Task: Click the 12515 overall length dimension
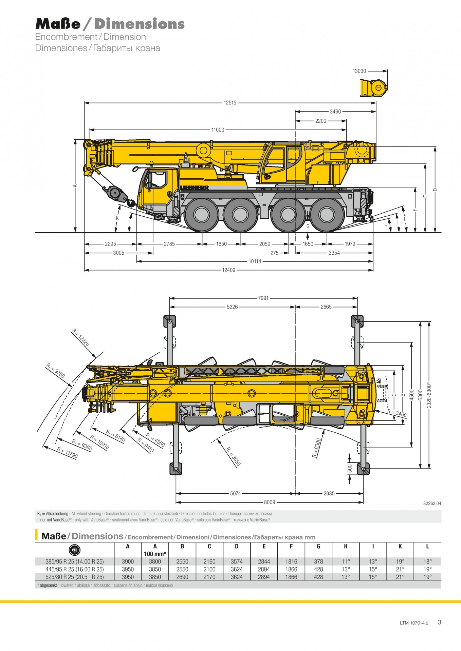pyautogui.click(x=230, y=103)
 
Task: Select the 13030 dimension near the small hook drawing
pyautogui.click(x=359, y=71)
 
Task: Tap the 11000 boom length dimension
pyautogui.click(x=218, y=130)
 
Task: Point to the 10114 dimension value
pyautogui.click(x=255, y=261)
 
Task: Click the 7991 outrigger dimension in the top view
pyautogui.click(x=263, y=298)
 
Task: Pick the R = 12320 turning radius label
pyautogui.click(x=81, y=337)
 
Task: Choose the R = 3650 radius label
pyautogui.click(x=234, y=456)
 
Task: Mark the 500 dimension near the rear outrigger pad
pyautogui.click(x=350, y=468)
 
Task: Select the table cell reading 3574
pyautogui.click(x=237, y=561)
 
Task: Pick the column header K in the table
pyautogui.click(x=400, y=546)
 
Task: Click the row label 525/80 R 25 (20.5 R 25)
pyautogui.click(x=75, y=577)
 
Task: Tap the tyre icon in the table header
pyautogui.click(x=74, y=550)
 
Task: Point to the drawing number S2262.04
pyautogui.click(x=432, y=503)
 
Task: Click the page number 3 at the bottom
pyautogui.click(x=439, y=622)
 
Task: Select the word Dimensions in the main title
pyautogui.click(x=140, y=24)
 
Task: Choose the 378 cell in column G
pyautogui.click(x=318, y=561)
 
